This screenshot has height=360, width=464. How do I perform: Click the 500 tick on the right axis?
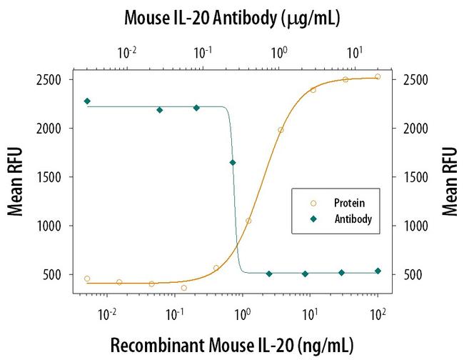(x=413, y=275)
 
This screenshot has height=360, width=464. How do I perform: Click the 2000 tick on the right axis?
(x=413, y=129)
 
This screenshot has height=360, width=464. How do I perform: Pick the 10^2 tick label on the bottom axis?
(x=377, y=312)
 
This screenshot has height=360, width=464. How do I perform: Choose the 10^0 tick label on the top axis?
(x=279, y=52)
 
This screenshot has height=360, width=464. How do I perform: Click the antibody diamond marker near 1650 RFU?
(x=233, y=163)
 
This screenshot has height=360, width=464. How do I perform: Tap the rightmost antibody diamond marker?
(x=378, y=271)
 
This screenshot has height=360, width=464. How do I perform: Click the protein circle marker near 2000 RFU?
(x=281, y=130)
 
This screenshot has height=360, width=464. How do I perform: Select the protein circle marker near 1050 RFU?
(x=248, y=221)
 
